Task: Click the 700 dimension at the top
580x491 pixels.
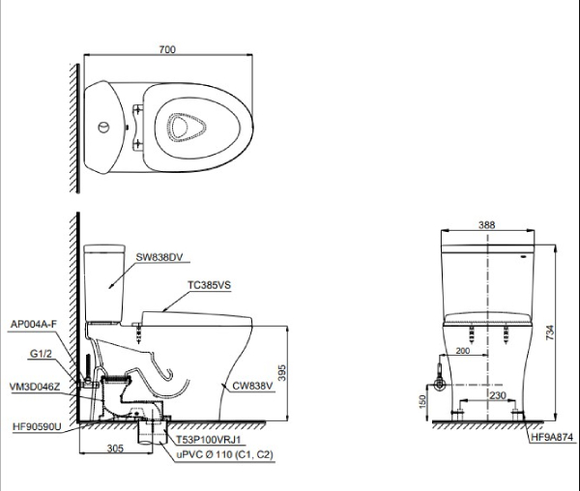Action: [169, 47]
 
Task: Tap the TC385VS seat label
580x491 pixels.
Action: [210, 286]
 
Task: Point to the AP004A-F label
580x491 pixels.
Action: [32, 325]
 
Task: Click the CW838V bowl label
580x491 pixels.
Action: [251, 386]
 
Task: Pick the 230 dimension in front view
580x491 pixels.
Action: [497, 394]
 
